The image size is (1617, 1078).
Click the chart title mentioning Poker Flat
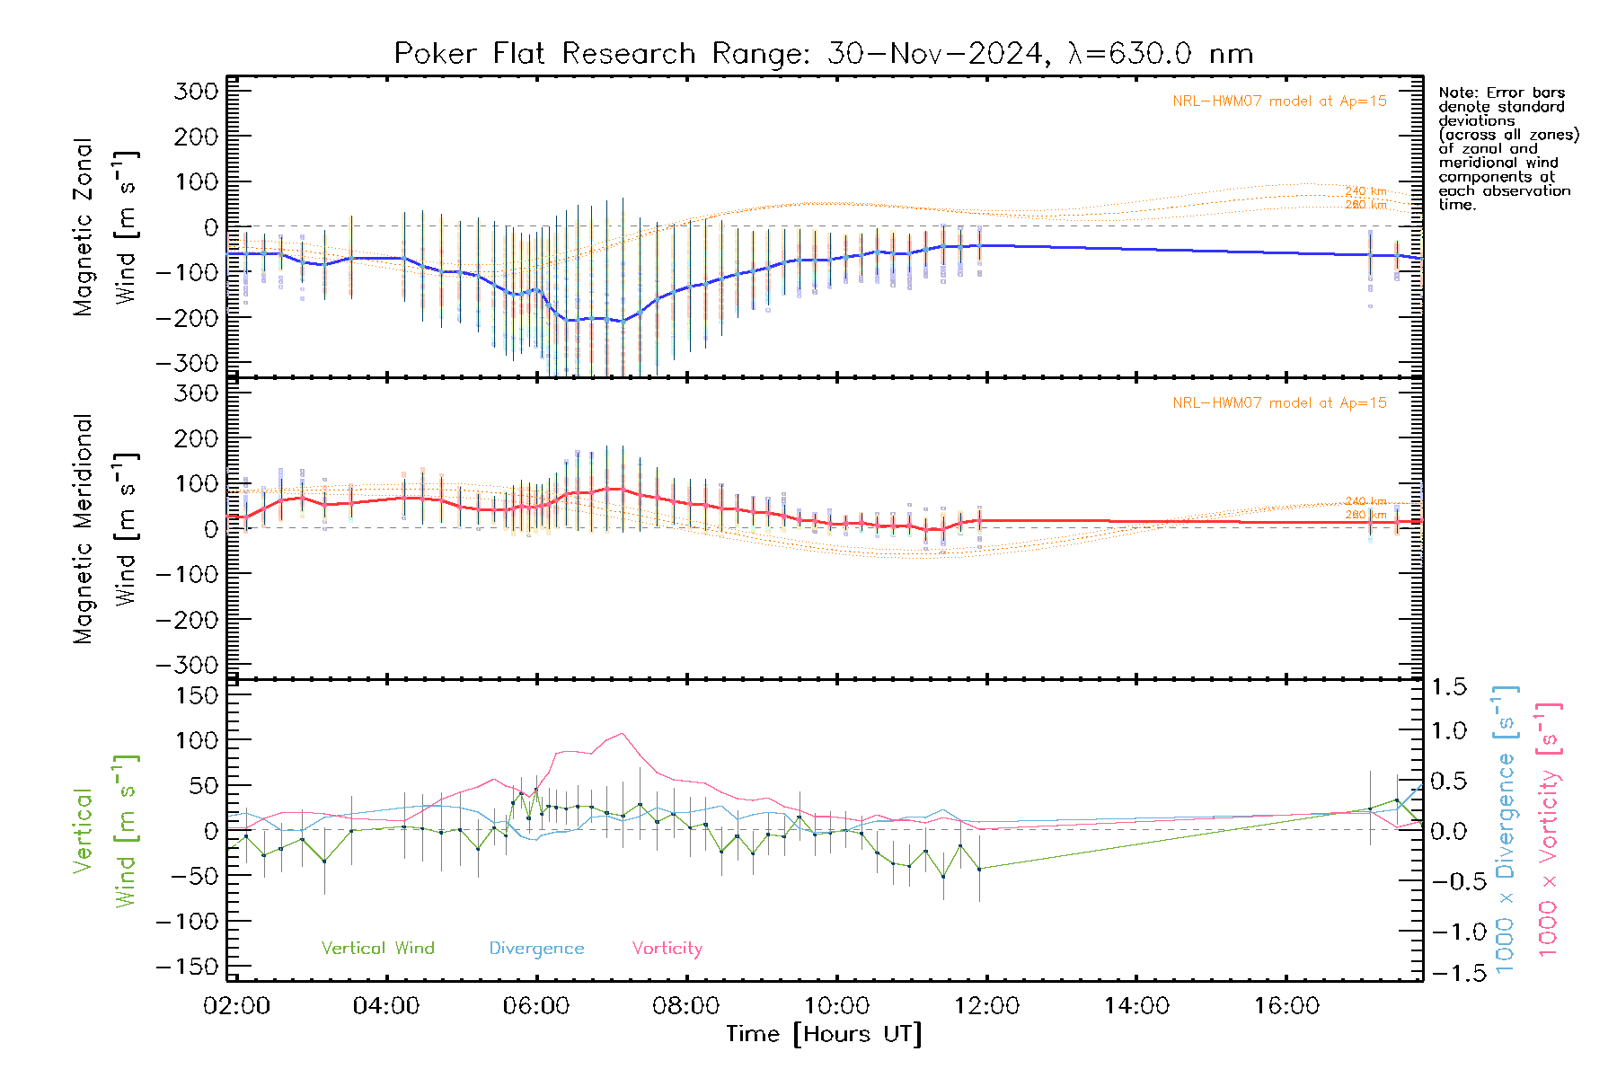coord(823,54)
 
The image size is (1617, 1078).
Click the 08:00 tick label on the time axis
coord(685,1006)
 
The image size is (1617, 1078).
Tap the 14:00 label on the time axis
coord(1136,1006)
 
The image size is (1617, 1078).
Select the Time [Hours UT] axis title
coord(824,1034)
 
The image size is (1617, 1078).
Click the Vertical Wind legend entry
coord(377,949)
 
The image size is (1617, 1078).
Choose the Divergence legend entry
coord(536,949)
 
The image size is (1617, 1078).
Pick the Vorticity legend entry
coord(667,949)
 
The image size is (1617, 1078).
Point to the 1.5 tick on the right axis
coord(1448,687)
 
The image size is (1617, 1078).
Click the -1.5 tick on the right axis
coord(1448,973)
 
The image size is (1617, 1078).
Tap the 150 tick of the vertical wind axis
coord(198,695)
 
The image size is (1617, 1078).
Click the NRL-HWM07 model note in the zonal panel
coord(1279,102)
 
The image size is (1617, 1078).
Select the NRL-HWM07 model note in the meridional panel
coord(1279,403)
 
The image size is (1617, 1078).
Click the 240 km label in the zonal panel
coord(1365,191)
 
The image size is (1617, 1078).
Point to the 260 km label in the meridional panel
coord(1365,515)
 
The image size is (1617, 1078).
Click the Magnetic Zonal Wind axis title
coord(105,227)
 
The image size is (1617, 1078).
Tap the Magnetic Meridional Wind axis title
coord(105,529)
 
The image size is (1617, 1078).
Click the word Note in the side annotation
coord(1456,93)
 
